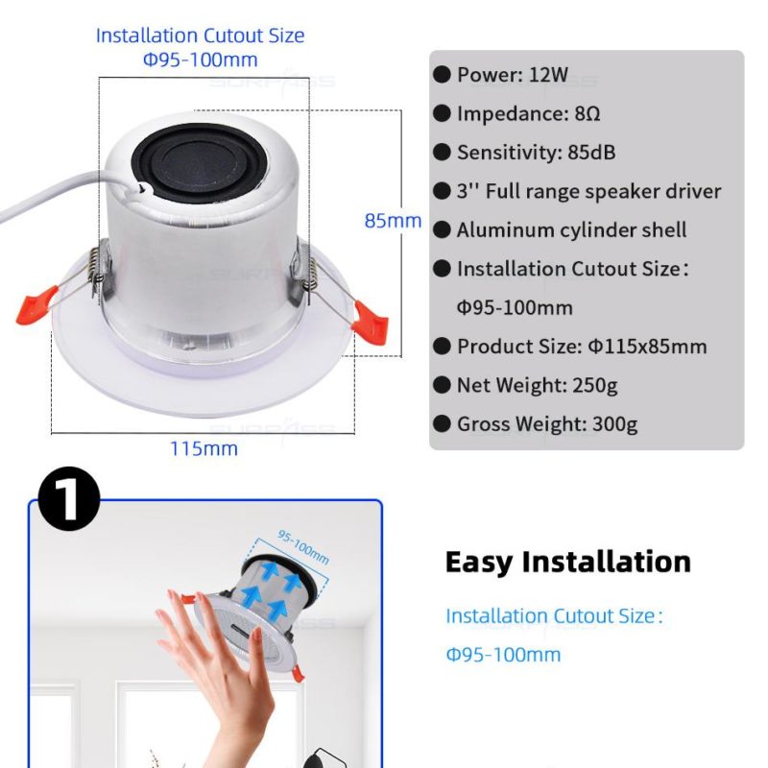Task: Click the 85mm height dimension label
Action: (x=393, y=221)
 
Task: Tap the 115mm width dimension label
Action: (x=204, y=448)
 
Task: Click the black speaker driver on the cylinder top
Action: (x=201, y=163)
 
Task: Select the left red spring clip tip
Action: (x=36, y=305)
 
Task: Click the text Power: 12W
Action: (x=513, y=75)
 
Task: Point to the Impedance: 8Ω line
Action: (x=529, y=113)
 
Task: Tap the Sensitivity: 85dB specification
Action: (x=537, y=153)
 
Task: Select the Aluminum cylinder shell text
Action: (x=571, y=230)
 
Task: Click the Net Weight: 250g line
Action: (x=538, y=386)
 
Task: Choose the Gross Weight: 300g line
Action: (x=547, y=424)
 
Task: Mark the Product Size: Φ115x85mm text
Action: (x=582, y=347)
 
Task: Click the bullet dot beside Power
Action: (x=442, y=75)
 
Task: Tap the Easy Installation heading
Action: (x=568, y=562)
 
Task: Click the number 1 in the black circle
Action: (x=68, y=499)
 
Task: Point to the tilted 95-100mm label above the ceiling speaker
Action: (x=303, y=546)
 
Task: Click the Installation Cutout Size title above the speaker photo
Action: (x=200, y=36)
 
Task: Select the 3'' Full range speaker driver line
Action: (x=588, y=191)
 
